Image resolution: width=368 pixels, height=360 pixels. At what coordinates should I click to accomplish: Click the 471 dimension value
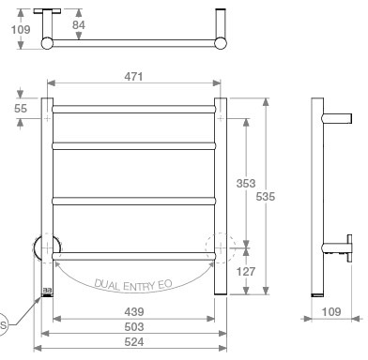click(x=133, y=77)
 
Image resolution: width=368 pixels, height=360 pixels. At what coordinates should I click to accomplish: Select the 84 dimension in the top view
click(x=79, y=24)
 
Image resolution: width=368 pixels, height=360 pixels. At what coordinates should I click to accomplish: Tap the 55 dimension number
click(x=21, y=109)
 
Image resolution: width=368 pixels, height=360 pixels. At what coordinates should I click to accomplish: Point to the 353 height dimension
click(x=246, y=183)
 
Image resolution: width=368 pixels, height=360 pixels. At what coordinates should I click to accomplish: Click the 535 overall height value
click(x=266, y=197)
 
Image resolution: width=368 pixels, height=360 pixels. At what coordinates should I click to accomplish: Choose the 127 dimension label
click(x=246, y=272)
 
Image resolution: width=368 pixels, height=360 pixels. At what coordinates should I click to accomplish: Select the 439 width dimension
click(x=134, y=311)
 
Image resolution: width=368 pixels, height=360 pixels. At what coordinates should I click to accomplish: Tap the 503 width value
click(x=134, y=326)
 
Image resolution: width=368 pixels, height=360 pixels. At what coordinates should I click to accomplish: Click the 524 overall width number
click(x=134, y=341)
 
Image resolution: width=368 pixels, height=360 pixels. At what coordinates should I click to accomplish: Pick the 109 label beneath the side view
click(x=331, y=311)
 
